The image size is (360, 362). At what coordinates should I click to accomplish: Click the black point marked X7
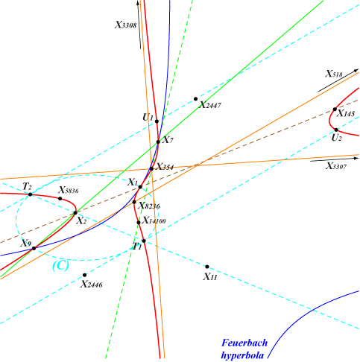(158, 142)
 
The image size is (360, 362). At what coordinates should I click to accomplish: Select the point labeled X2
(75, 213)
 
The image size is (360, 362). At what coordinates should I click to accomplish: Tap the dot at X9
(34, 248)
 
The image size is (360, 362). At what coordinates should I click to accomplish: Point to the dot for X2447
(195, 99)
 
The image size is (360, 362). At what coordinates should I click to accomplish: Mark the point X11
(207, 267)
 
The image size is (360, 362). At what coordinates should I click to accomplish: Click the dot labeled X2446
(85, 275)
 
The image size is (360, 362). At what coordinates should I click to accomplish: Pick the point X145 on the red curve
(335, 109)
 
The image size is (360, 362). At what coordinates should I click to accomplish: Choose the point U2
(336, 130)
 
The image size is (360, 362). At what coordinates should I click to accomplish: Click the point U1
(157, 121)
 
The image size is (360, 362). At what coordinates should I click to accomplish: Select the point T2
(30, 194)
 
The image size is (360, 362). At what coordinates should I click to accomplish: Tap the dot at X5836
(60, 198)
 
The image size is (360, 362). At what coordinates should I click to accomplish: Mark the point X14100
(139, 222)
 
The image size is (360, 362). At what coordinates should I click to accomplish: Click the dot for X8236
(134, 202)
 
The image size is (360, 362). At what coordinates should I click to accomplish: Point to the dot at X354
(151, 169)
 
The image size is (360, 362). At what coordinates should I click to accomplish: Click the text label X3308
(125, 25)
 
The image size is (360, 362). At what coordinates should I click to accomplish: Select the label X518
(334, 74)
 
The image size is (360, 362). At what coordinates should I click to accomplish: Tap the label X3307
(336, 166)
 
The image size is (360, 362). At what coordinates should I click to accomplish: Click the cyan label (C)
(60, 266)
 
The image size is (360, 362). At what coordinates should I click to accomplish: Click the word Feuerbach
(244, 343)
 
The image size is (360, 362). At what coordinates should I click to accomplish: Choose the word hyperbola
(242, 355)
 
